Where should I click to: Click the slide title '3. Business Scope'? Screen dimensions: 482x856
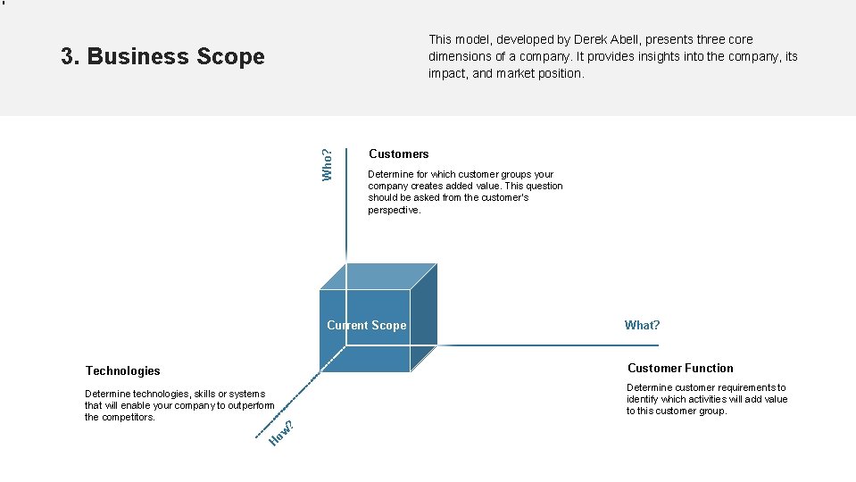pyautogui.click(x=162, y=56)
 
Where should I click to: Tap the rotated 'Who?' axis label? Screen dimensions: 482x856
pyautogui.click(x=328, y=163)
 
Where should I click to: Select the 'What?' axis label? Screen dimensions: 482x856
pyautogui.click(x=642, y=326)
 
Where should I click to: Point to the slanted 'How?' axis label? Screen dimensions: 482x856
pyautogui.click(x=281, y=432)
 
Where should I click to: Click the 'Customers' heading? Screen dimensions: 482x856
pyautogui.click(x=398, y=154)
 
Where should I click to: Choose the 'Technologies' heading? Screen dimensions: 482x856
pyautogui.click(x=122, y=370)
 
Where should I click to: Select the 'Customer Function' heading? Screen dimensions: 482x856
pyautogui.click(x=680, y=368)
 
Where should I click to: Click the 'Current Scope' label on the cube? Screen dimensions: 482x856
pyautogui.click(x=366, y=326)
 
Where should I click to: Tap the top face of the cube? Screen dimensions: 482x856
pyautogui.click(x=378, y=277)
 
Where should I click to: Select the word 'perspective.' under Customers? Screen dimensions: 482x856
pyautogui.click(x=394, y=210)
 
